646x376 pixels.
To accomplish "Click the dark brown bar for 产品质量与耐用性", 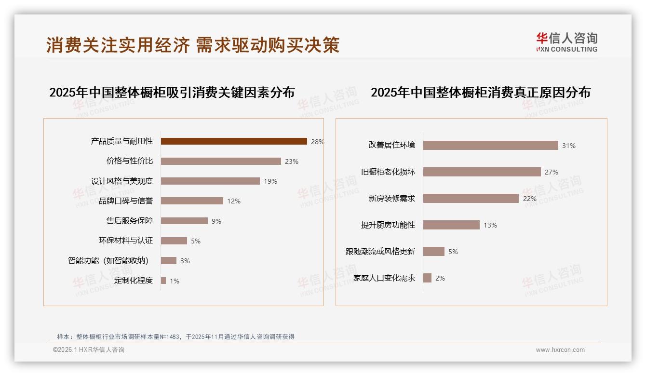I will point(234,141).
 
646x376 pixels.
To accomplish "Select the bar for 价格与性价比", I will point(221,161).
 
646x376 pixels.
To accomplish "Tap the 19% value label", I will point(270,181).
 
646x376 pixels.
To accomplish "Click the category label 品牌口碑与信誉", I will point(126,201).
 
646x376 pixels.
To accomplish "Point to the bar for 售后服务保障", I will point(184,221).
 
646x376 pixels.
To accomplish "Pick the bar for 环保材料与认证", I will point(174,241).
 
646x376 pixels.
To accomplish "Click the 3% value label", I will point(185,261).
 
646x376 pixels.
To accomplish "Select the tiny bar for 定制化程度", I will point(163,281).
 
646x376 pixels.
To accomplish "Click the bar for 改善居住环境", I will point(490,145).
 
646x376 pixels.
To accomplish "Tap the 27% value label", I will point(552,172).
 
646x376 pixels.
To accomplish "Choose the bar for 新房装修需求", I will point(471,198).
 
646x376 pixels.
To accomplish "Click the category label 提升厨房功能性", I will point(388,225).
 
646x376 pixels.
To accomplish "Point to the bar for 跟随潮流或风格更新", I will point(434,251).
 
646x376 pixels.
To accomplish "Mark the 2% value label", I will point(440,278).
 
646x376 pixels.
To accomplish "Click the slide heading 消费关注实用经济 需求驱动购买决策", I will point(193,45).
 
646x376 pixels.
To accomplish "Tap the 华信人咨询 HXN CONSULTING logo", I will point(566,42).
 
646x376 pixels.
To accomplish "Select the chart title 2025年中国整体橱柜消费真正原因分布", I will point(480,93).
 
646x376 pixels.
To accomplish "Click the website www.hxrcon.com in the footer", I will point(560,350).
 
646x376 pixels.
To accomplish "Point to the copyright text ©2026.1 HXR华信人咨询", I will point(89,350).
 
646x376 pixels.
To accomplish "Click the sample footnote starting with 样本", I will point(175,337).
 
